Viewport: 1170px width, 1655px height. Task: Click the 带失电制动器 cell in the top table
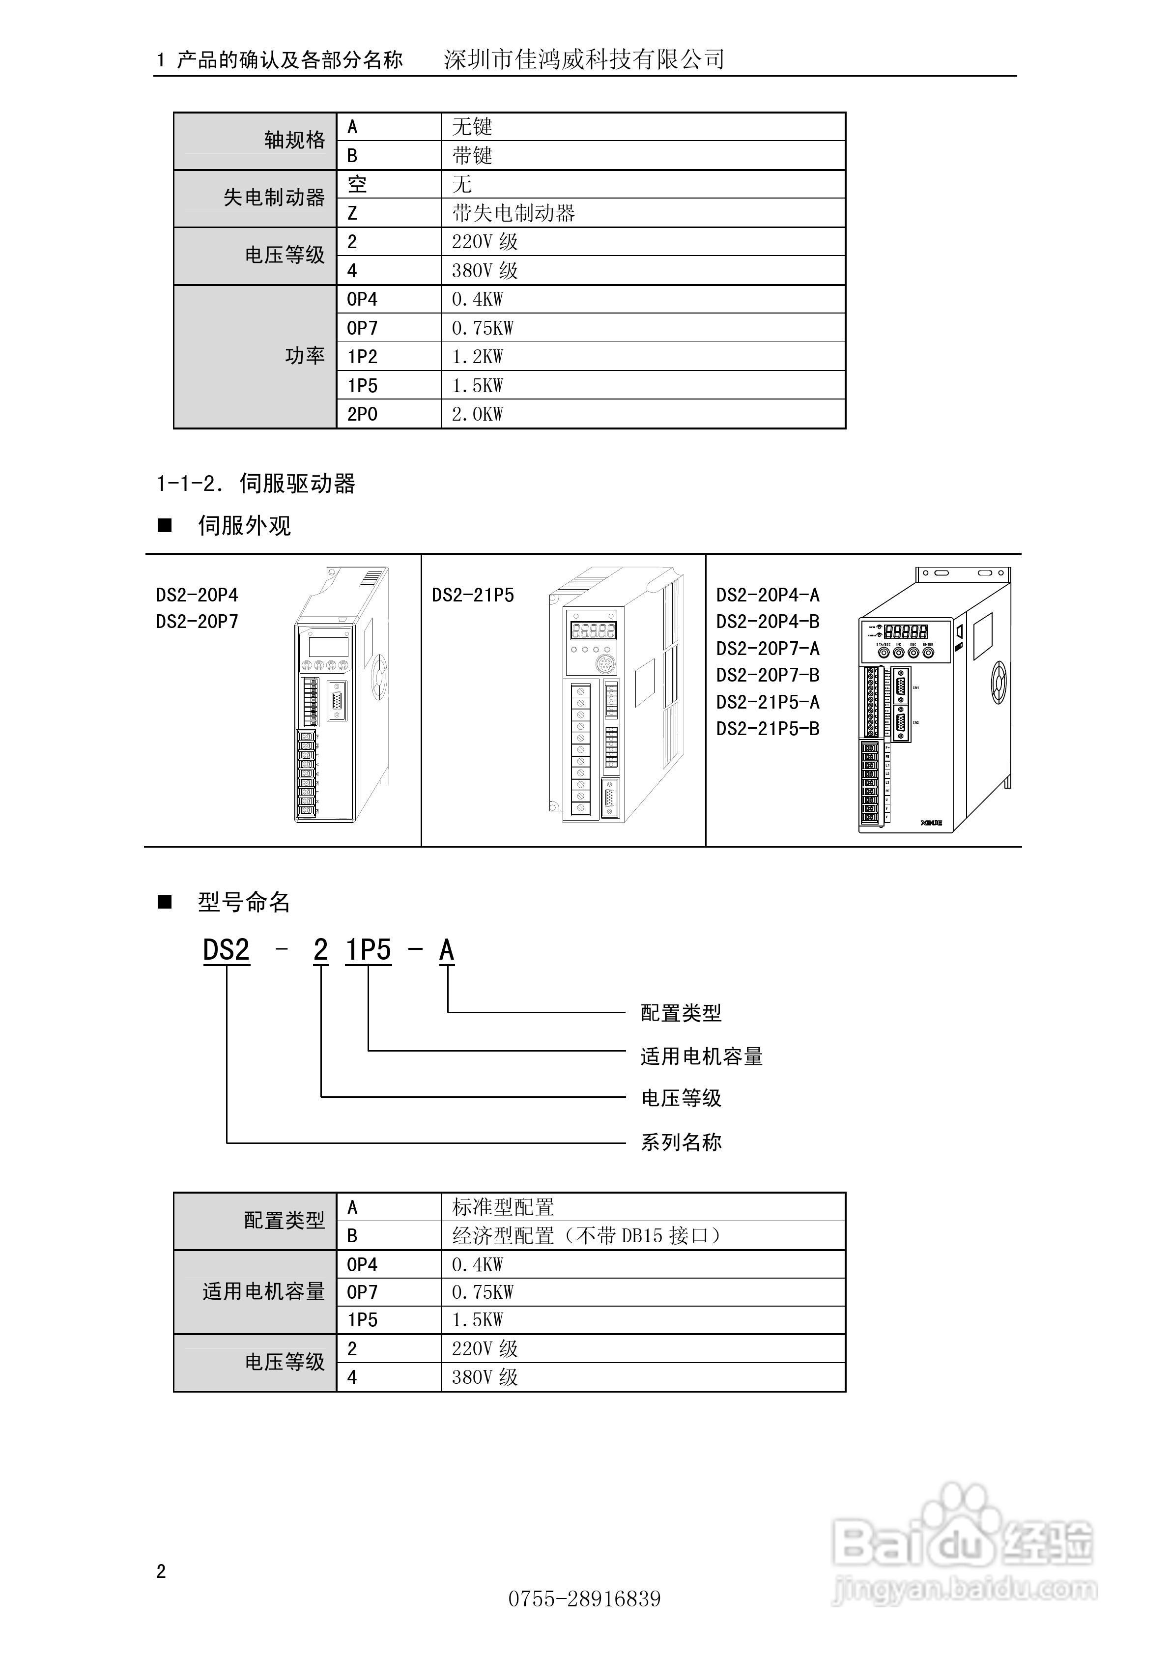514,213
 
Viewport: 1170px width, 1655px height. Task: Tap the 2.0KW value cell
477,414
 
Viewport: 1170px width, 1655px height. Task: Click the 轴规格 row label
294,140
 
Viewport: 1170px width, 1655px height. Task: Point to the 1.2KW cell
477,357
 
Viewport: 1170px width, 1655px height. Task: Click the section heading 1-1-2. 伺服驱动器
256,483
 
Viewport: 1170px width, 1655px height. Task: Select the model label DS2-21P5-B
768,729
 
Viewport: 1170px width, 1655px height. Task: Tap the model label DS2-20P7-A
768,649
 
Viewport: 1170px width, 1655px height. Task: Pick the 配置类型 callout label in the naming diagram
681,1013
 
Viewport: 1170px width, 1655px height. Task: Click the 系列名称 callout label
681,1142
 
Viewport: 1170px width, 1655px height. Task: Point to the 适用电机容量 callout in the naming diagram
701,1056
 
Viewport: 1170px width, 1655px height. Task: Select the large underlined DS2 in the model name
227,950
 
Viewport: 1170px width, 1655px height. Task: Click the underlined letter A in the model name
447,950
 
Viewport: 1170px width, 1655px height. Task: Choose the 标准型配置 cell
503,1207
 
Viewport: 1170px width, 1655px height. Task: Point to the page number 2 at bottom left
161,1571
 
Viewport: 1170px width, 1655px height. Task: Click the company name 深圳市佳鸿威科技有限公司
584,59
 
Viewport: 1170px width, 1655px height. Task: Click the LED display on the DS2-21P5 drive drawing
593,631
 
